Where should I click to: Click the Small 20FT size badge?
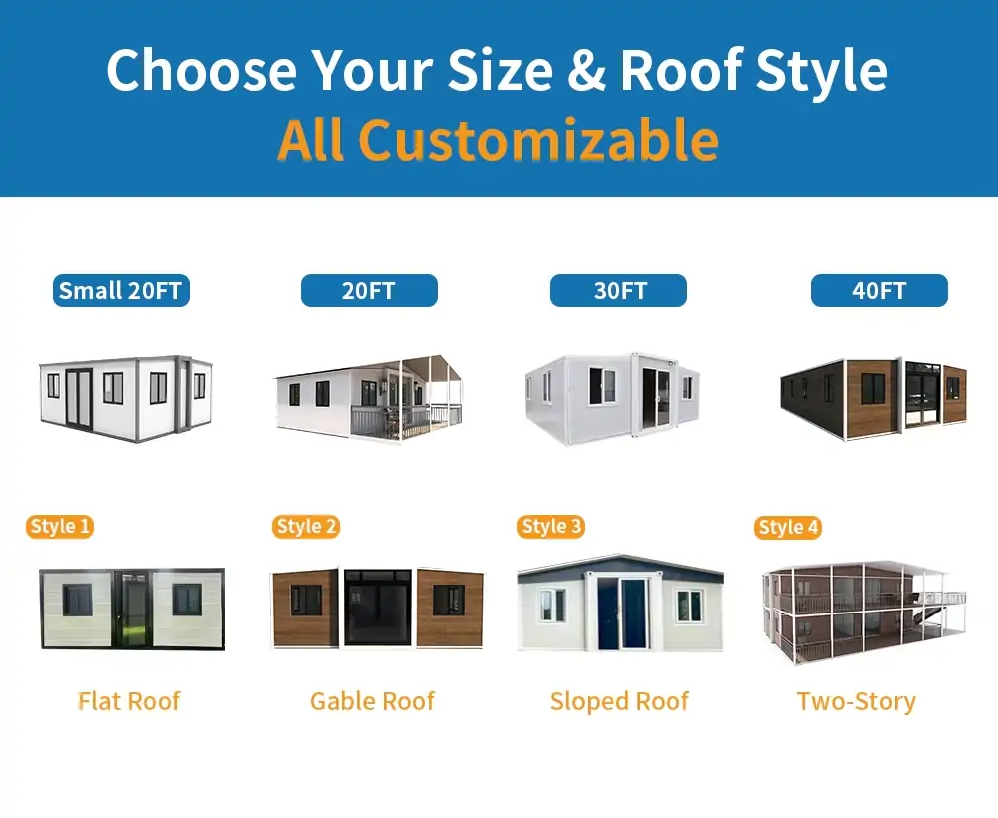pyautogui.click(x=121, y=291)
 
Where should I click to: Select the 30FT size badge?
pyautogui.click(x=618, y=291)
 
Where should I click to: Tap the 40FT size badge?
pyautogui.click(x=879, y=291)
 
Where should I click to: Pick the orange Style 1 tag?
pyautogui.click(x=60, y=527)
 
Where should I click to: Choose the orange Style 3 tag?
pyautogui.click(x=551, y=527)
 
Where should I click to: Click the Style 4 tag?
pyautogui.click(x=788, y=528)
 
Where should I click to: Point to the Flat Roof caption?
pyautogui.click(x=129, y=701)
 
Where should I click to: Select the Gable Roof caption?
pyautogui.click(x=372, y=701)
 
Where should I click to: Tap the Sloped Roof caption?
pyautogui.click(x=619, y=701)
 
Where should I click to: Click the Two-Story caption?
pyautogui.click(x=856, y=701)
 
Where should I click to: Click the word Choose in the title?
pyautogui.click(x=202, y=70)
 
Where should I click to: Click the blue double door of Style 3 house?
pyautogui.click(x=621, y=613)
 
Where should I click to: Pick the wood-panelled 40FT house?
pyautogui.click(x=873, y=397)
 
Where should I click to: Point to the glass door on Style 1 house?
pyautogui.click(x=131, y=610)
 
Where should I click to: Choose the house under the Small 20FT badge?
pyautogui.click(x=125, y=397)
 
